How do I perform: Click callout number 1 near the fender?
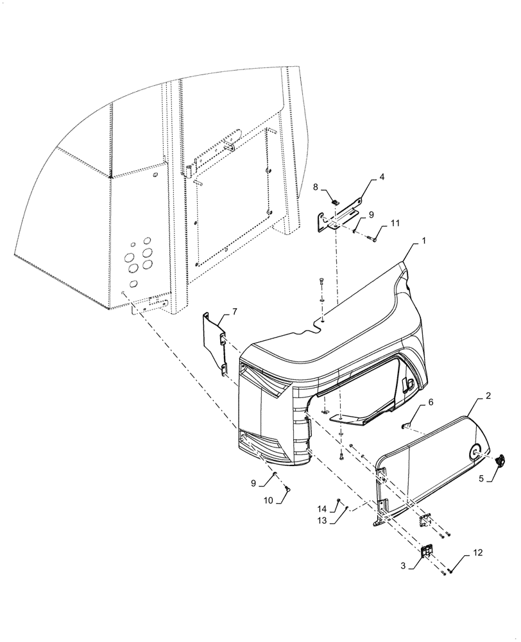(x=423, y=243)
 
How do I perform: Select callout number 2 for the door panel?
(x=488, y=396)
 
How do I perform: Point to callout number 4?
(x=382, y=176)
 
